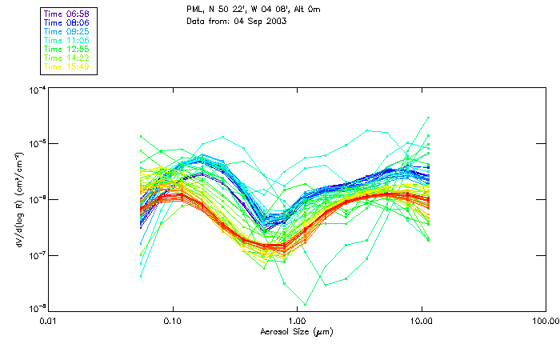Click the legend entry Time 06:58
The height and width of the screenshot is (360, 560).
[67, 14]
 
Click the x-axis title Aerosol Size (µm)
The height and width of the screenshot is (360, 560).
[296, 330]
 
